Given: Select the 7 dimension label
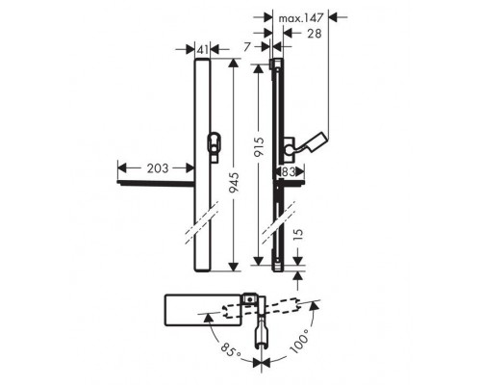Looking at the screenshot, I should tap(248, 44).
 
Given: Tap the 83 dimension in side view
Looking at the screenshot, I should tap(287, 170).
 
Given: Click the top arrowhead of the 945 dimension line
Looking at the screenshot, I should tap(232, 61).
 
